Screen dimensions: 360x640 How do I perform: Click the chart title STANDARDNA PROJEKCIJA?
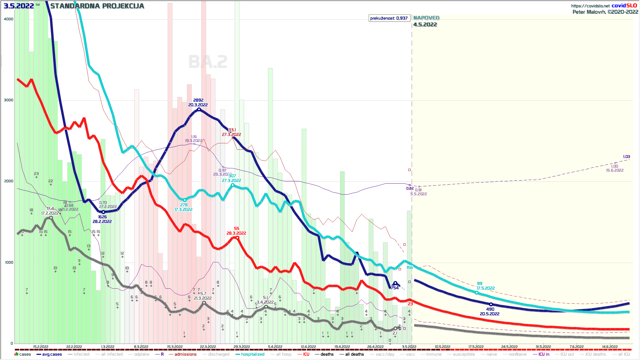(x=97, y=6)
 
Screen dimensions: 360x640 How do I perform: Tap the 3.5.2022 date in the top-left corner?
(x=19, y=6)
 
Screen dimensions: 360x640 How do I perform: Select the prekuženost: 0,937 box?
(x=389, y=18)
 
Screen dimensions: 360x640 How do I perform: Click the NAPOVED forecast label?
(x=426, y=18)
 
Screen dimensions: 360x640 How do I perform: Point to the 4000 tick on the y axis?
(x=9, y=19)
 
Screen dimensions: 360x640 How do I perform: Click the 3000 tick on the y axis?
(x=9, y=100)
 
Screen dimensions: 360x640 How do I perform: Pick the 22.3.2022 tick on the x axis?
(x=208, y=347)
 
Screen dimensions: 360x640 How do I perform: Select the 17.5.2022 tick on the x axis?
(x=476, y=347)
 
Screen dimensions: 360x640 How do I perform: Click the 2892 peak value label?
(x=198, y=100)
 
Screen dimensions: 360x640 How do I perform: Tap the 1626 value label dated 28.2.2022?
(x=102, y=217)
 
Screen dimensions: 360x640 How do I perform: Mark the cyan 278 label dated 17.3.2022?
(x=184, y=205)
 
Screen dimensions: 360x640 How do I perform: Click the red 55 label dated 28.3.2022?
(x=237, y=229)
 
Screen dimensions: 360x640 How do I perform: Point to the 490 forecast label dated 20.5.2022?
(x=490, y=309)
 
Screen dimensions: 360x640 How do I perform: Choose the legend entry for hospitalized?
(x=252, y=354)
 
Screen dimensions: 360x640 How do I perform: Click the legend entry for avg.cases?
(x=52, y=354)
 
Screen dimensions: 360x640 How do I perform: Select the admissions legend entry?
(x=185, y=354)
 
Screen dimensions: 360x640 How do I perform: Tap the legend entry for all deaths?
(x=354, y=354)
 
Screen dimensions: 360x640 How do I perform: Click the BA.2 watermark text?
(x=208, y=62)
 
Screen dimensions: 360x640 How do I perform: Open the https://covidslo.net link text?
(x=590, y=6)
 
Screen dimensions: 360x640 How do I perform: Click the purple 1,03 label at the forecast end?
(x=626, y=157)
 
